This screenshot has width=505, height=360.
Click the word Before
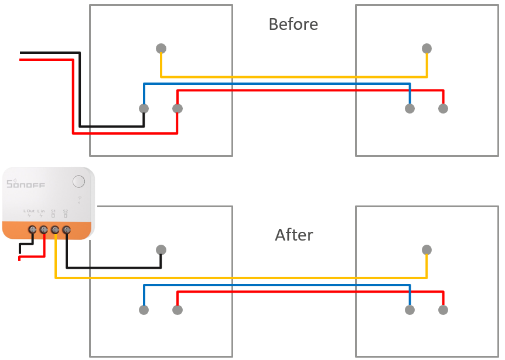point(293,25)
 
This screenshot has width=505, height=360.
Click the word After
point(294,235)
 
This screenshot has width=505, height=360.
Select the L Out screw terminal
point(32,230)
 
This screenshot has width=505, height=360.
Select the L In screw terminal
point(43,230)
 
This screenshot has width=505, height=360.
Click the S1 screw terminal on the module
point(55,230)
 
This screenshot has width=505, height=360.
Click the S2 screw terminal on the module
point(67,230)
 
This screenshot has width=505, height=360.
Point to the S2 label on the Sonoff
point(65,211)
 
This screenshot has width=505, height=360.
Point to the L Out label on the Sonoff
point(29,211)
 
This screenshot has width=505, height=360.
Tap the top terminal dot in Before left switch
point(161,48)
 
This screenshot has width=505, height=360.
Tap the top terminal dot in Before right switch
point(427,48)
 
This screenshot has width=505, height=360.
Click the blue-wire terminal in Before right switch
point(410,108)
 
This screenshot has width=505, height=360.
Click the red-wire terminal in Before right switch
point(443,108)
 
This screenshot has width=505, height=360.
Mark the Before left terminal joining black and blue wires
point(144,108)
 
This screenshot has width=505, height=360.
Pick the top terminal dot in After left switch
point(161,250)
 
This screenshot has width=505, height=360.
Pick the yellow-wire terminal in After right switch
point(427,250)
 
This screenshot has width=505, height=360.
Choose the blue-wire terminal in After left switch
point(144,310)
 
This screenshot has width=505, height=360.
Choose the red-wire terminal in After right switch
point(443,310)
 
